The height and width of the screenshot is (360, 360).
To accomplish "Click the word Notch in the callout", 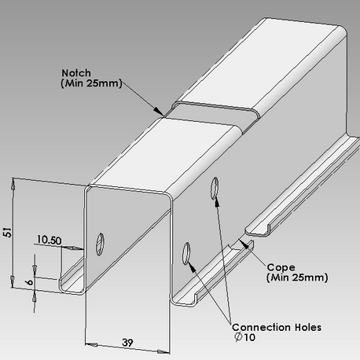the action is click(76, 73).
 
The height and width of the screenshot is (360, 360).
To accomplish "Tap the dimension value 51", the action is click(8, 233).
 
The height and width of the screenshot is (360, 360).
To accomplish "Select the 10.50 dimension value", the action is click(50, 240).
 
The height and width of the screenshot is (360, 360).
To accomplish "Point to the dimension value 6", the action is click(30, 282).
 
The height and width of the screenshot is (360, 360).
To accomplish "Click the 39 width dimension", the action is click(127, 343).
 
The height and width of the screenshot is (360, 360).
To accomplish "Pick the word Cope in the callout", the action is click(281, 267).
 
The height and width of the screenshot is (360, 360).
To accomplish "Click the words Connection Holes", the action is click(277, 327).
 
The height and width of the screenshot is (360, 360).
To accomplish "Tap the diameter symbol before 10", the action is click(238, 337).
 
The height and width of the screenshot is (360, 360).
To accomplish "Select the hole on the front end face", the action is click(100, 244).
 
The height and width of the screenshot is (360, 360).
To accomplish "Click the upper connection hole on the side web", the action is click(215, 188).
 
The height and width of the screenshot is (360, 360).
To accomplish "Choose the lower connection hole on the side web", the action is click(186, 253).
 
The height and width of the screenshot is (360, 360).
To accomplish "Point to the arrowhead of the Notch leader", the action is click(159, 111).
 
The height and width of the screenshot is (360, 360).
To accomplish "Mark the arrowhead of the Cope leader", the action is click(244, 244).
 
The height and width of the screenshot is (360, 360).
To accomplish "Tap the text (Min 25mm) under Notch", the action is click(92, 83).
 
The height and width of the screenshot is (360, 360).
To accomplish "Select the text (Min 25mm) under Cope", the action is click(297, 277).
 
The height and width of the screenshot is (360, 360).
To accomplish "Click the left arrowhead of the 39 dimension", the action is click(91, 345).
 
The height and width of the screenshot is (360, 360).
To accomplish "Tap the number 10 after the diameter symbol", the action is click(249, 337).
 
